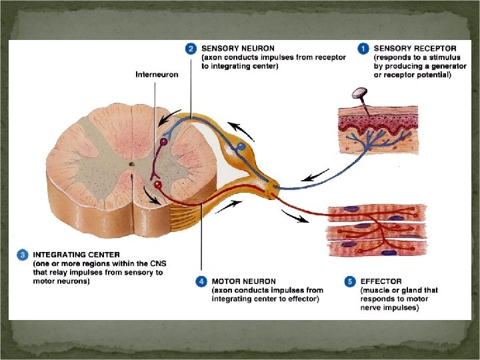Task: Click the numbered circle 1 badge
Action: (363, 48)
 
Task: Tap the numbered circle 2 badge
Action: (191, 48)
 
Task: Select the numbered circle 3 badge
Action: (23, 255)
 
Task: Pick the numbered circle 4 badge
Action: (201, 281)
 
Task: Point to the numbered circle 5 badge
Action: (349, 281)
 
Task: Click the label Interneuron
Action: (157, 74)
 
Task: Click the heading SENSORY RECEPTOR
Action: (415, 48)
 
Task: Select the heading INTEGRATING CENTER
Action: (77, 255)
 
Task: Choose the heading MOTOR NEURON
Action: (243, 281)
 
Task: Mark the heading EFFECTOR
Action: (381, 281)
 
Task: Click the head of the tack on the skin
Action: (361, 93)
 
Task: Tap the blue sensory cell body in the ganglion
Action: (241, 145)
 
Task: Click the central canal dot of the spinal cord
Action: (132, 163)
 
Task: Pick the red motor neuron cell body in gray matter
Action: (158, 185)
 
